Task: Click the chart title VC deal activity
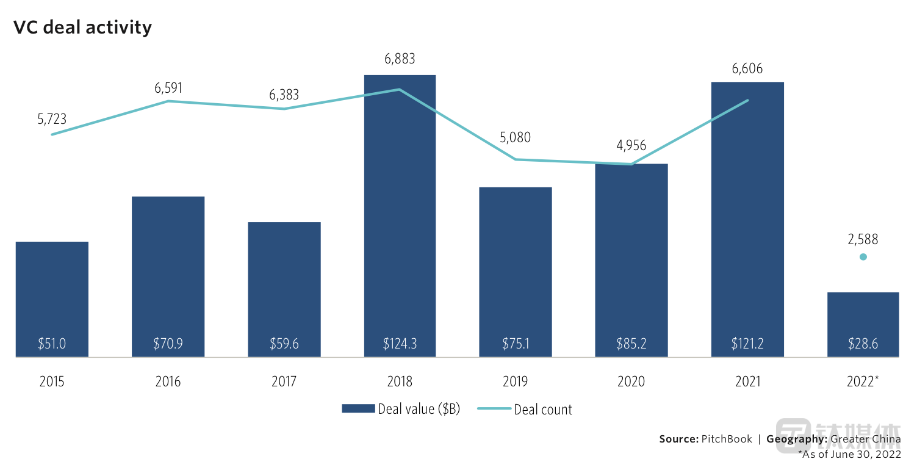83,27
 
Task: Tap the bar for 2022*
863,317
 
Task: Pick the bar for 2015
52,293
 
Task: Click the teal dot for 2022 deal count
863,257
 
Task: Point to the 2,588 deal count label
863,239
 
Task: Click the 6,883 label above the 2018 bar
400,59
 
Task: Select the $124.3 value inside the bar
400,344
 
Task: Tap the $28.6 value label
863,344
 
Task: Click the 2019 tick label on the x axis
516,382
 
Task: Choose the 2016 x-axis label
168,382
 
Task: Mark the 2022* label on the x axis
863,382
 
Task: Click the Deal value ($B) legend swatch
358,409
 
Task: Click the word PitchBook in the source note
726,439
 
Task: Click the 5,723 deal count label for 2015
52,120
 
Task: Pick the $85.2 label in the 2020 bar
631,344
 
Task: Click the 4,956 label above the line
631,146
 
